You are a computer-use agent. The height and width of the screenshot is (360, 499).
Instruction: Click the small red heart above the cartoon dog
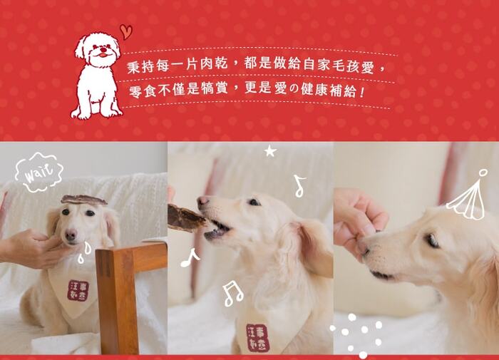pyautogui.click(x=126, y=31)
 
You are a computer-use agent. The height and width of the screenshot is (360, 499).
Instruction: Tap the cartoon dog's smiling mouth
pyautogui.click(x=102, y=55)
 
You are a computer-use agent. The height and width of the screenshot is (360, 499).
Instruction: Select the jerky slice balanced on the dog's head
pyautogui.click(x=83, y=200)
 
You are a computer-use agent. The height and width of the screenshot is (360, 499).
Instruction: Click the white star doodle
pyautogui.click(x=270, y=151)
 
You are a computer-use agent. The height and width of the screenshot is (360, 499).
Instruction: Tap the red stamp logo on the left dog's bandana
pyautogui.click(x=77, y=290)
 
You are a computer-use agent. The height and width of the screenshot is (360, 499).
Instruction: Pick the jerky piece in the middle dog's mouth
pyautogui.click(x=185, y=217)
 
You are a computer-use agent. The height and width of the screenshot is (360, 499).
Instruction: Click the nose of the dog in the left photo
pyautogui.click(x=71, y=235)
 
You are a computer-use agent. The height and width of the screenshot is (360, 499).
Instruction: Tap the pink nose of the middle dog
pyautogui.click(x=202, y=201)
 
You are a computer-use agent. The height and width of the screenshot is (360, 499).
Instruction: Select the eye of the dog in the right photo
pyautogui.click(x=432, y=240)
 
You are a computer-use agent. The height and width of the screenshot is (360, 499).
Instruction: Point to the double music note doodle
pyautogui.click(x=232, y=294)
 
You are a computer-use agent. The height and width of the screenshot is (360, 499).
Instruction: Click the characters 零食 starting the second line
pyautogui.click(x=143, y=92)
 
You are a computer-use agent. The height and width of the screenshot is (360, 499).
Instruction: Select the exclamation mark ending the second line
pyautogui.click(x=361, y=92)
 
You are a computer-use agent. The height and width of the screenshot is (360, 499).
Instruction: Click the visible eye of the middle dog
pyautogui.click(x=254, y=202)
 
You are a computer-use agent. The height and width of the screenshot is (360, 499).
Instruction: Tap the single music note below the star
pyautogui.click(x=299, y=186)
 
